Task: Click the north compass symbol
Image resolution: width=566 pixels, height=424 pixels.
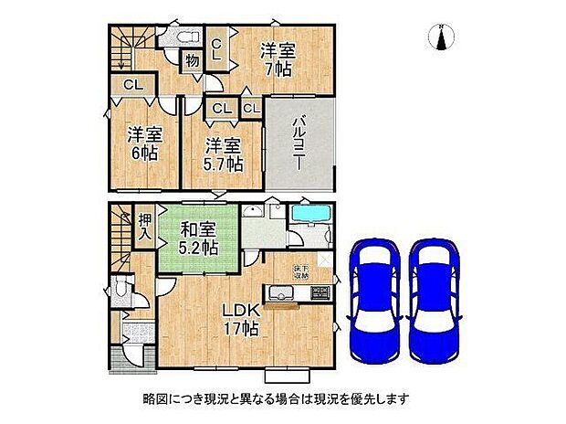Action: (443, 37)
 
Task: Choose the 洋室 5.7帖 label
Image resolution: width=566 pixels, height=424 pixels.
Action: (223, 154)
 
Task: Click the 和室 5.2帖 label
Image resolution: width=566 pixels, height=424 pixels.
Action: (197, 238)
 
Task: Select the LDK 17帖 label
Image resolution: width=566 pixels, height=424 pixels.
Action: (240, 315)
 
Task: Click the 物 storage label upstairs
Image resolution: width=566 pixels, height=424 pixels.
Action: (192, 62)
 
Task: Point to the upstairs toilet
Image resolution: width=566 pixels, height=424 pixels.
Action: (183, 37)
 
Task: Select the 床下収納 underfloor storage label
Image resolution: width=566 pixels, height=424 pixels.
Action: (300, 270)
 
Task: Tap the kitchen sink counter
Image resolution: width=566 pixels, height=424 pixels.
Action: (288, 294)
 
